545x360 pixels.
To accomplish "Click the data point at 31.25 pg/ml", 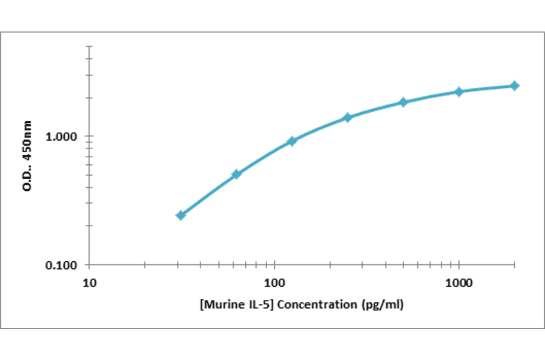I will pos(180,215).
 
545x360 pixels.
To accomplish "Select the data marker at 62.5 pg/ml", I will pos(236,175).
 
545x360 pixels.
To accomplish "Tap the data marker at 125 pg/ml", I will pos(292,141).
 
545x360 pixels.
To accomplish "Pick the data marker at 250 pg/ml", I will pos(348,117).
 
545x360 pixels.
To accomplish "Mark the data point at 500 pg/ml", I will pos(403,102).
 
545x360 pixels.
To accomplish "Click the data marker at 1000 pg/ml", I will pos(459,92).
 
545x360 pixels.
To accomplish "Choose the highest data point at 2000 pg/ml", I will pos(515,85).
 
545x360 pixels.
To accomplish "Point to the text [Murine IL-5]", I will pos(233,304).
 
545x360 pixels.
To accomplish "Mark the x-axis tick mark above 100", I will pos(275,265).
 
